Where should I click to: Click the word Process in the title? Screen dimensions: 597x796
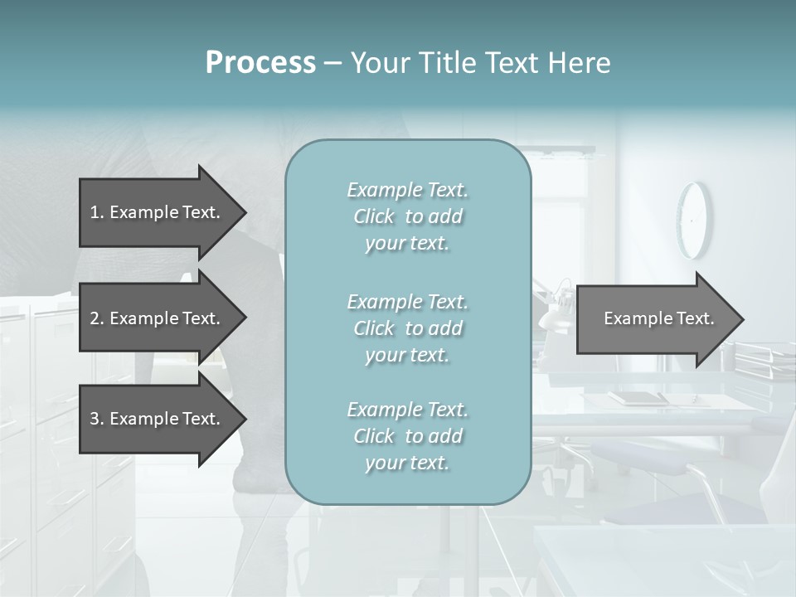point(260,63)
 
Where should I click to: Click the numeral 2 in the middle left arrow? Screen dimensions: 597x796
point(95,318)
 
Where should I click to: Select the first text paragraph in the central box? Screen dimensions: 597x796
point(407,216)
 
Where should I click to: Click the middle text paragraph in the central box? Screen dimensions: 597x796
point(407,328)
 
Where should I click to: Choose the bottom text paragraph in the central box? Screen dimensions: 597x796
point(407,436)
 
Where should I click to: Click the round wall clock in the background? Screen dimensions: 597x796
point(694,220)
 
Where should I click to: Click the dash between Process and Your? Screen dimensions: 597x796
point(333,64)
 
